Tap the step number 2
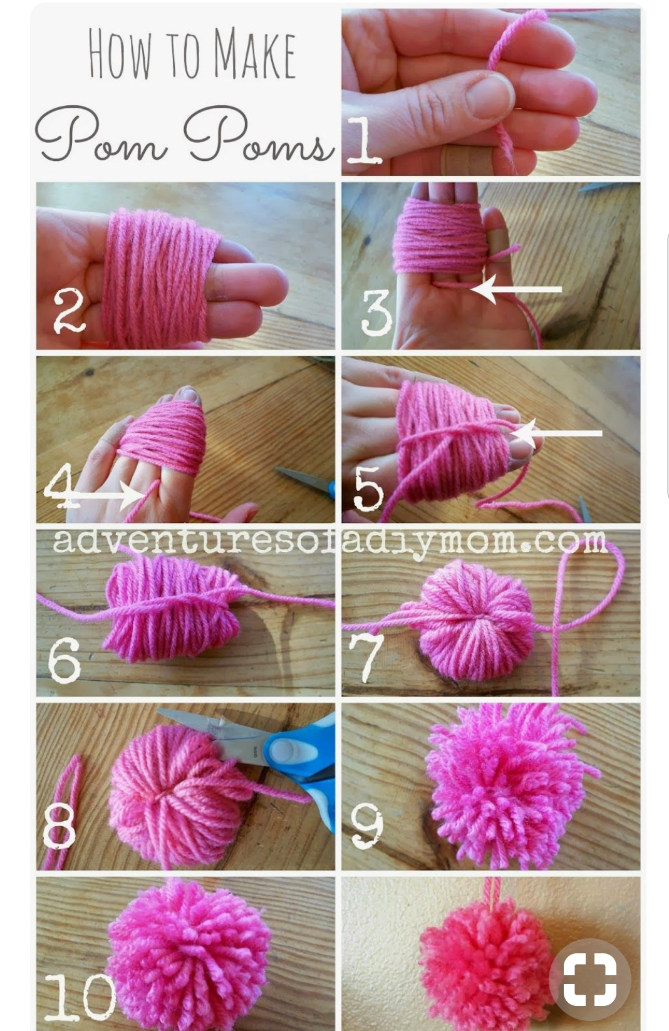coord(70,311)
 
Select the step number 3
coord(376,313)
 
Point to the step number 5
coord(368,488)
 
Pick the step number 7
coord(366,658)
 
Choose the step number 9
coord(367,827)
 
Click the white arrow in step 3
coord(516,289)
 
